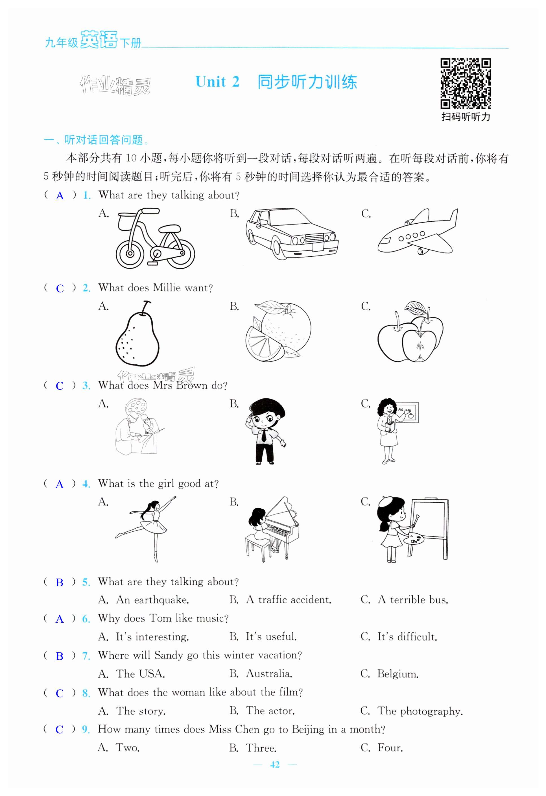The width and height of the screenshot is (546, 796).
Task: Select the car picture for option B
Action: (292, 233)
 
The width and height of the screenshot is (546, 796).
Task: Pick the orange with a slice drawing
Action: (278, 331)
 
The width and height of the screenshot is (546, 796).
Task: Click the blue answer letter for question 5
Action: (60, 583)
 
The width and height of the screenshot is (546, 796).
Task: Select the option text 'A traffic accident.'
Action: (289, 600)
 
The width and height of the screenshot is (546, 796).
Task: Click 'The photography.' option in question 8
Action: (420, 711)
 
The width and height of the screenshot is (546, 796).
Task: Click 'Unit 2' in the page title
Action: (217, 82)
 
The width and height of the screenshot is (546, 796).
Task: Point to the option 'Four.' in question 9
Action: (390, 748)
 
